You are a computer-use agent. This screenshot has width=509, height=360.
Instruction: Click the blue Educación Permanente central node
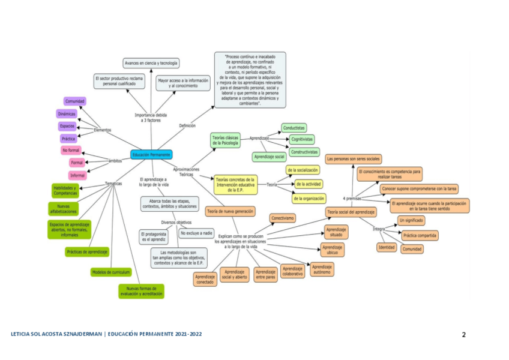(x=151, y=154)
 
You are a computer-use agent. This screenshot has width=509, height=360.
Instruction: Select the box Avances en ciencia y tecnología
(x=151, y=63)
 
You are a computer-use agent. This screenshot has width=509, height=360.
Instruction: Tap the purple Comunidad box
(x=75, y=101)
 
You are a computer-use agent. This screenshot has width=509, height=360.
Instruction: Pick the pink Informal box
(x=77, y=175)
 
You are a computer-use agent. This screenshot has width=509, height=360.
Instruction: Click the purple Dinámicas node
(x=67, y=113)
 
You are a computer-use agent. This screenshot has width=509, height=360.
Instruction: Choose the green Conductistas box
(x=294, y=128)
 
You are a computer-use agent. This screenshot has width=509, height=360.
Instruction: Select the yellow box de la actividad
(x=309, y=184)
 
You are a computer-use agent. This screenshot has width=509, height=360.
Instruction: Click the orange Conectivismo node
(x=282, y=218)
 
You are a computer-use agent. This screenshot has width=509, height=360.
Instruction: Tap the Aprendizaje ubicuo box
(x=332, y=250)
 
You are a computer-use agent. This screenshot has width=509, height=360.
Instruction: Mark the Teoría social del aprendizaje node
(x=351, y=212)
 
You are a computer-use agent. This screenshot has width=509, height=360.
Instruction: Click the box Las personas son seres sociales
(x=354, y=159)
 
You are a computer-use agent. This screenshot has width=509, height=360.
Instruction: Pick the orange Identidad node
(x=386, y=247)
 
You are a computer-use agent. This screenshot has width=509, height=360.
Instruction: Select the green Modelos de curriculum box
(x=111, y=272)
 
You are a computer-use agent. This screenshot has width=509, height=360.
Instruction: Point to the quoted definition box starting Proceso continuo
(x=250, y=79)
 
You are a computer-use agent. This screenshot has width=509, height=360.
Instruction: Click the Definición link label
(x=188, y=125)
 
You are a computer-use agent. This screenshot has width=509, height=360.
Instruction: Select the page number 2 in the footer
(x=463, y=334)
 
